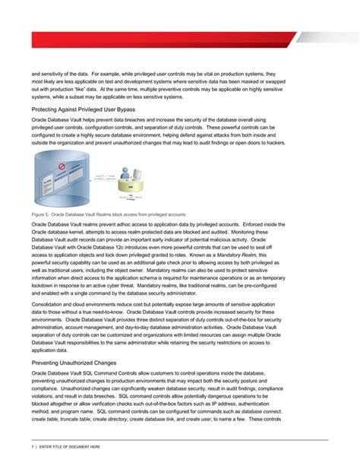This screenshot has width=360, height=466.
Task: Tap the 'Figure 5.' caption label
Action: [x=40, y=216]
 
